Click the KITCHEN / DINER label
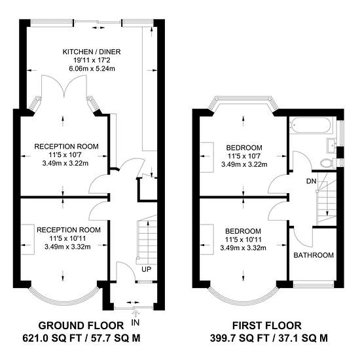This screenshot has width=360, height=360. click(x=92, y=52)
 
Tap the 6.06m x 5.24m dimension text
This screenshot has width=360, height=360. click(x=92, y=69)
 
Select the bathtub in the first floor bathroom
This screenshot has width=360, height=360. click(x=310, y=125)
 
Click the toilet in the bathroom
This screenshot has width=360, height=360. click(x=329, y=163)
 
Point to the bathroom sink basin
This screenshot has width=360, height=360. click(x=331, y=145)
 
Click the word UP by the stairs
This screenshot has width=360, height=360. click(x=147, y=269)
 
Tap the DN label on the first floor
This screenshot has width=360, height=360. click(x=312, y=181)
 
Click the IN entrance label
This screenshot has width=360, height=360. click(x=135, y=323)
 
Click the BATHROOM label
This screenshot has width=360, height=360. click(x=314, y=255)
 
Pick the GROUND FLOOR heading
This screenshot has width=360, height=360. click(x=81, y=325)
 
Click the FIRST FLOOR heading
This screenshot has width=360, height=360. click(x=267, y=325)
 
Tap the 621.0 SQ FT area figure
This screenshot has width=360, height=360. click(x=52, y=338)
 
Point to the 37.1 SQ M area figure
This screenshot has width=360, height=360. click(x=303, y=338)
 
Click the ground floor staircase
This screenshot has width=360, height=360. click(x=147, y=240)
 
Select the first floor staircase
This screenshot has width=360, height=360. click(x=326, y=198)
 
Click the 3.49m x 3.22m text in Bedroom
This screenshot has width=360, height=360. click(x=244, y=164)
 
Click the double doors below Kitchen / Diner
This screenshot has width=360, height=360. click(x=64, y=86)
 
